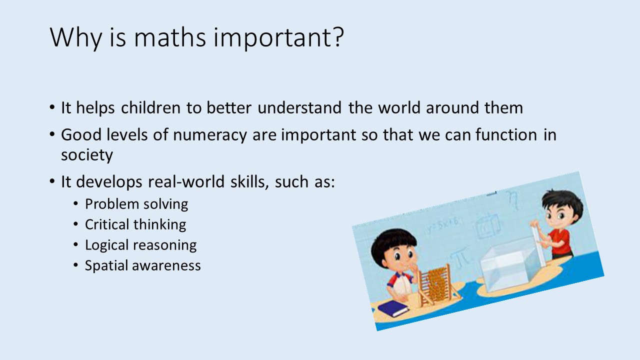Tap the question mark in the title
tap(338, 36)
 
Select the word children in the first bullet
tap(150, 107)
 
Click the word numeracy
tap(209, 135)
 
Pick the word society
tap(87, 155)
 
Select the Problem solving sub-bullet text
tap(136, 204)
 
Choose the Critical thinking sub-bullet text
tap(135, 224)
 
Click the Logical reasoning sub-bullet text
tap(141, 245)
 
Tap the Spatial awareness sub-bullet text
tap(143, 265)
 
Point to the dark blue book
tap(393, 308)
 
